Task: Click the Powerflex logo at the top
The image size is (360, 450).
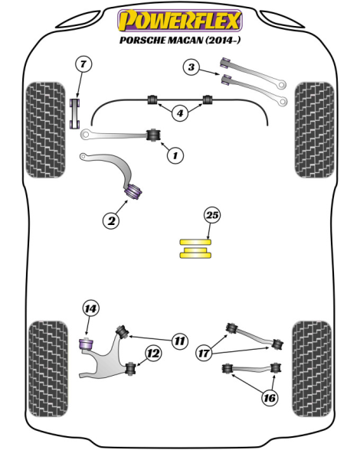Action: click(180, 21)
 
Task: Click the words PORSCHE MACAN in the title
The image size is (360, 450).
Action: click(161, 40)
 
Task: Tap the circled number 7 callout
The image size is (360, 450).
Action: click(83, 64)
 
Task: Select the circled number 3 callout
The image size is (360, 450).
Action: click(191, 67)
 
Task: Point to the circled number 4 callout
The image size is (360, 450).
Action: click(180, 113)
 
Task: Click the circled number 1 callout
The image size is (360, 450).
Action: click(175, 155)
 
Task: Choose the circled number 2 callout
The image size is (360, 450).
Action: click(111, 220)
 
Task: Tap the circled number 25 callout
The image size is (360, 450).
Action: click(212, 215)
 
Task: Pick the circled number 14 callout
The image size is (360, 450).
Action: click(90, 309)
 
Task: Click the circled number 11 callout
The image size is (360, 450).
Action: click(180, 341)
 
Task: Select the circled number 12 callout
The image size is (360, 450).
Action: click(153, 354)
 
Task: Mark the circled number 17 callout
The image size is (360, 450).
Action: click(204, 353)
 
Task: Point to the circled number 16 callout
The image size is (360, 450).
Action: click(270, 398)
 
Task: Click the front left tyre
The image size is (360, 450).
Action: click(45, 130)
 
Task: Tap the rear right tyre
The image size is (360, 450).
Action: click(312, 369)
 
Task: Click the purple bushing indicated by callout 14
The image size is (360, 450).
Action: click(86, 344)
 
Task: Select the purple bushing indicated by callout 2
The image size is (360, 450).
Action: click(133, 191)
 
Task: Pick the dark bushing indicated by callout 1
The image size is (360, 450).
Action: click(154, 135)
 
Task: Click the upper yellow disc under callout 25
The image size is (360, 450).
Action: click(195, 243)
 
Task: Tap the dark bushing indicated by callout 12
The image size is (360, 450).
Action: click(131, 368)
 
